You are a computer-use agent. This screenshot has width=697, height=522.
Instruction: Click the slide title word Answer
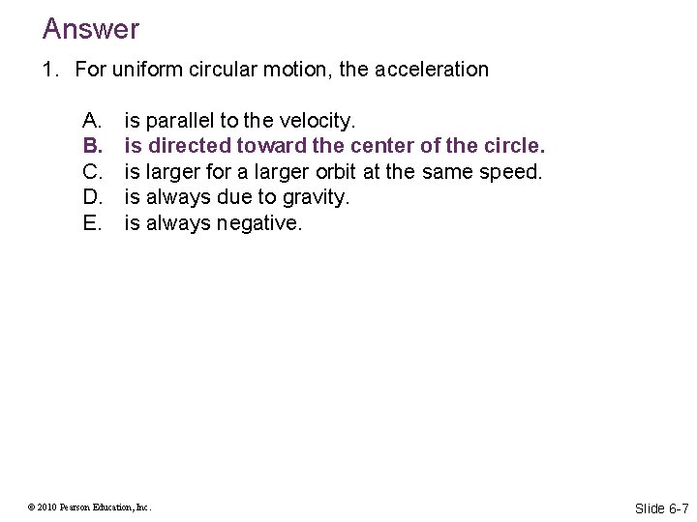[91, 29]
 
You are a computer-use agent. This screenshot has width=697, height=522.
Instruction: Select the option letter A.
[93, 121]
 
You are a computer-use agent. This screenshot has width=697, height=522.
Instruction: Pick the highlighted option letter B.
[93, 146]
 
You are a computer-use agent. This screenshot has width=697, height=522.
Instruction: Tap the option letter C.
[93, 172]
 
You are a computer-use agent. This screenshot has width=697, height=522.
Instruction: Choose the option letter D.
[93, 197]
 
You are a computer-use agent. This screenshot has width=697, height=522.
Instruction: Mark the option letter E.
[93, 223]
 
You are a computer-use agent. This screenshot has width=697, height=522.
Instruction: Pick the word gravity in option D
[313, 197]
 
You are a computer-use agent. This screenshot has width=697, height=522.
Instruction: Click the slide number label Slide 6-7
[661, 508]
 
